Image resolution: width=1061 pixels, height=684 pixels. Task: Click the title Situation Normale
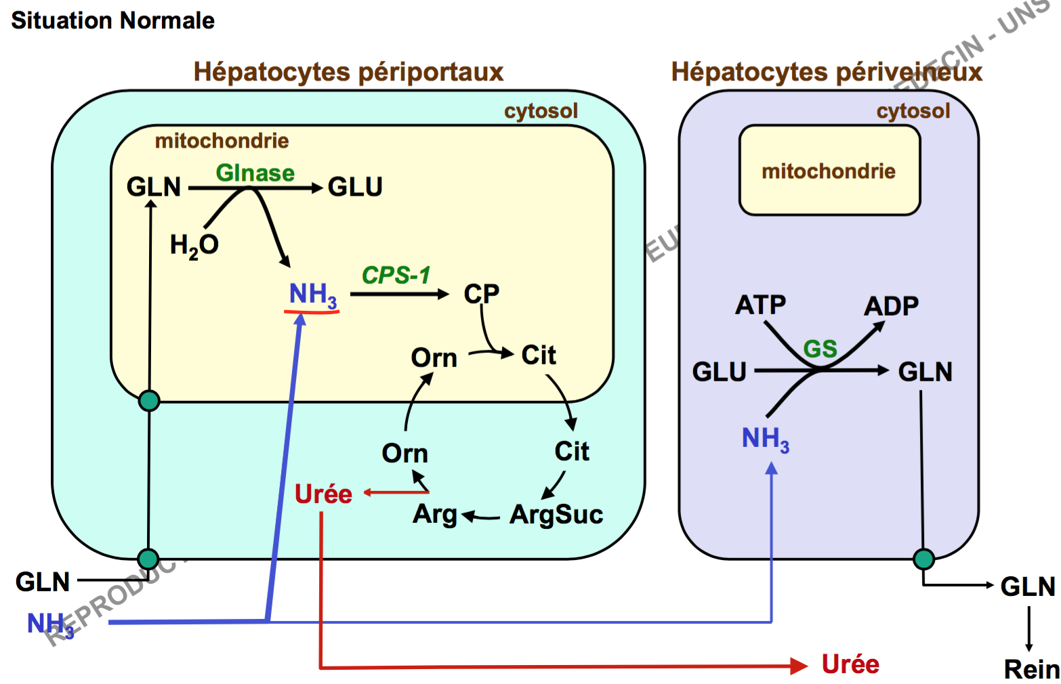[112, 20]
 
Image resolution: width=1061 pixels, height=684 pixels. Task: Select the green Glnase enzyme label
[255, 173]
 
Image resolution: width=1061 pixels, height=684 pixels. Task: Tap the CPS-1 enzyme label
[396, 275]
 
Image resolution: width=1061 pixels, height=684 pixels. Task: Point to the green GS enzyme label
[820, 349]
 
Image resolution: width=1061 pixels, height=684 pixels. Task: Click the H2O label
[194, 245]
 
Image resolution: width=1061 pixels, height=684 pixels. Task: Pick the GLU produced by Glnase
[355, 187]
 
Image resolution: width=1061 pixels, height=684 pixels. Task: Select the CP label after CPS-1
[481, 294]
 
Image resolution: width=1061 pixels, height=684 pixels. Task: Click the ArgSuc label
[556, 515]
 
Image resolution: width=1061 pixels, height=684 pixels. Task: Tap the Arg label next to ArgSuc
[435, 514]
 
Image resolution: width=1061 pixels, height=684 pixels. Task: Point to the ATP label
[760, 305]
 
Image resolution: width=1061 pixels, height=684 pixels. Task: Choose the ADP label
[891, 306]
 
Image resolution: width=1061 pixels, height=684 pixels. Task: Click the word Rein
[1031, 669]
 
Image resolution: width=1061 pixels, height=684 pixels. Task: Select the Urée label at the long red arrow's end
[850, 664]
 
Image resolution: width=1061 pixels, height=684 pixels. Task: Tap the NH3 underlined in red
[312, 295]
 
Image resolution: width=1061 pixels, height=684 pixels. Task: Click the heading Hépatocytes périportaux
[348, 72]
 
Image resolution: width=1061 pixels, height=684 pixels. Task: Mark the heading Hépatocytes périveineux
[826, 72]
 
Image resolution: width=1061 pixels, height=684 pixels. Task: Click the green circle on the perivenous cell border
[923, 559]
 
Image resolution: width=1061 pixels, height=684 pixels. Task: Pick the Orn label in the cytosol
[404, 453]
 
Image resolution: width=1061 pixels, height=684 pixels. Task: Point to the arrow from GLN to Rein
[1028, 628]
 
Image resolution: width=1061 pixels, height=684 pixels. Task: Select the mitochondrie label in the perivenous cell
[829, 171]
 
